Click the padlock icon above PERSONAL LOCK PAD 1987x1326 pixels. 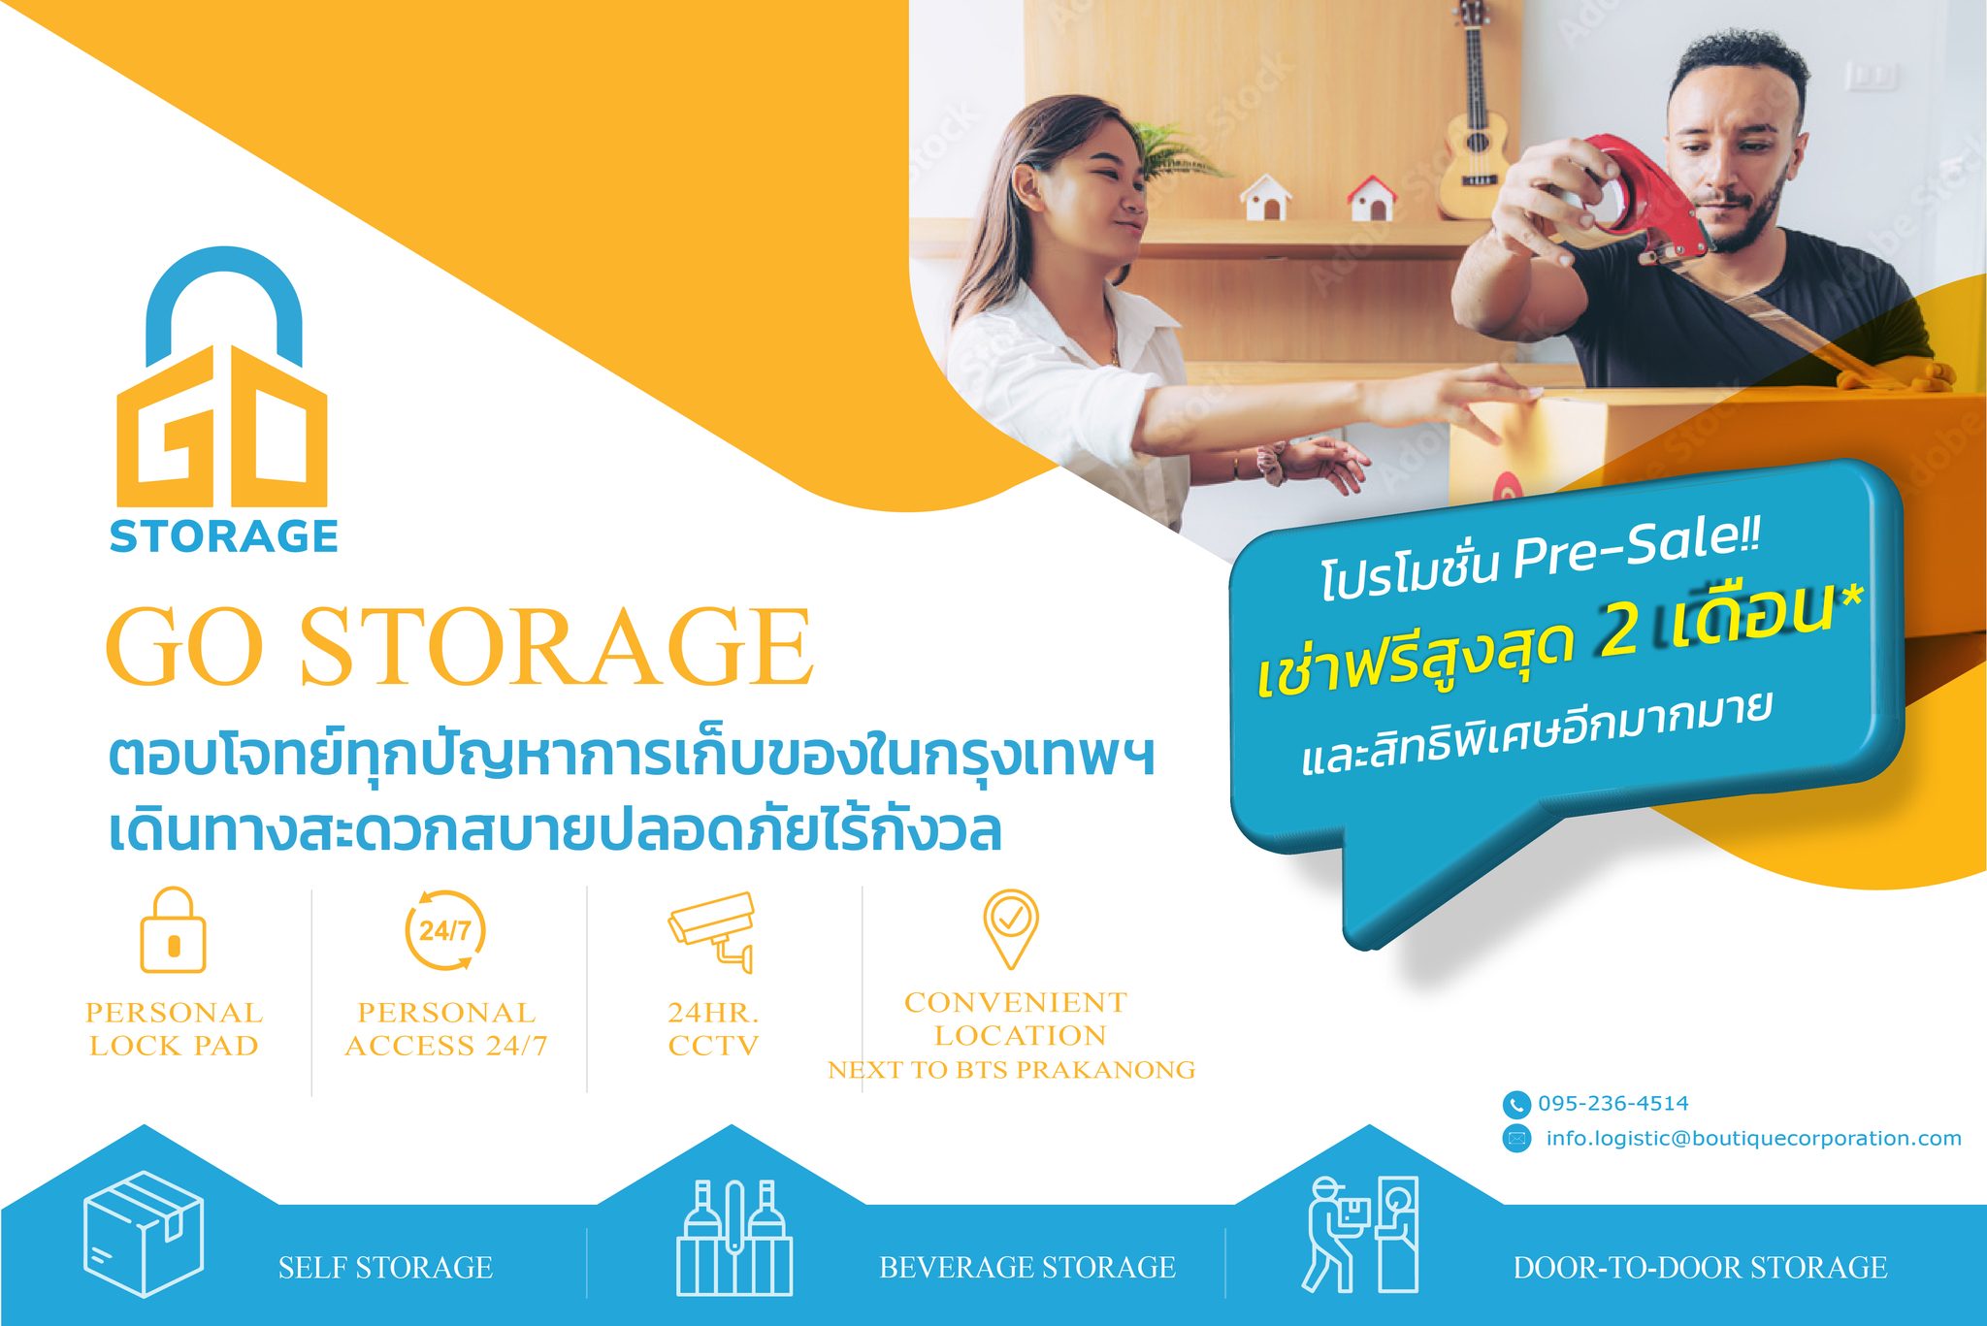pos(173,930)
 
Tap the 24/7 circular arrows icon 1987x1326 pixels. pos(445,930)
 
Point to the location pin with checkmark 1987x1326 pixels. pos(1010,926)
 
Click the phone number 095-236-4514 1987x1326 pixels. pos(1612,1103)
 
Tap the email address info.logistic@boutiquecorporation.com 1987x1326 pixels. pos(1753,1138)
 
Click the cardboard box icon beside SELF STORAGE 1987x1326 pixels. pos(144,1234)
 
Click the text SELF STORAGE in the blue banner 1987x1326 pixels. pos(385,1268)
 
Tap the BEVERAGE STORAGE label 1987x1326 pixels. pos(1026,1268)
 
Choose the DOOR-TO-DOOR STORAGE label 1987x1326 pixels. pos(1700,1268)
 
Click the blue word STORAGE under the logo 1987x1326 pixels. pos(224,536)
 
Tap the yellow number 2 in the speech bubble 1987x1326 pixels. pos(1618,631)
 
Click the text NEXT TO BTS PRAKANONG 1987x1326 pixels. pos(1011,1070)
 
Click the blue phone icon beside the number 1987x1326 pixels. pos(1515,1104)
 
